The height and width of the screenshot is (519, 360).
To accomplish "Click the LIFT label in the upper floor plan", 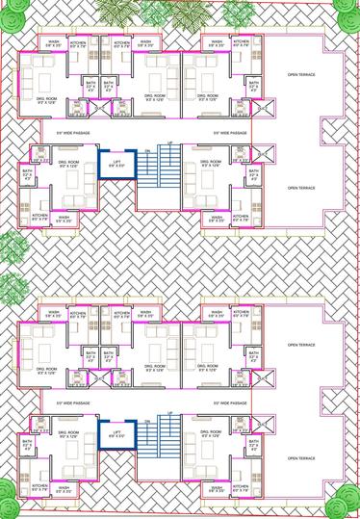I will coord(115,161).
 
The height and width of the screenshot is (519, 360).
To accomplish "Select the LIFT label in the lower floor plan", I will coord(115,432).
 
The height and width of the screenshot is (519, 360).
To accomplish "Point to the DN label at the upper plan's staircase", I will coord(147,153).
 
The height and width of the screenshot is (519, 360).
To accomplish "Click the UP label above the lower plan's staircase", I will coord(170,414).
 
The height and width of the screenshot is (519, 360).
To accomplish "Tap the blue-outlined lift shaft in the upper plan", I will coord(115,165).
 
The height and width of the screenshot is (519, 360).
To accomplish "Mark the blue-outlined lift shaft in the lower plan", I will coord(115,436).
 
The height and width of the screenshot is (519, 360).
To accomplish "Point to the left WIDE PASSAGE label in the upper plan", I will coord(73,132).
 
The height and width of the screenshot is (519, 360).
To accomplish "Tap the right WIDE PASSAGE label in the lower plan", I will coord(231,403).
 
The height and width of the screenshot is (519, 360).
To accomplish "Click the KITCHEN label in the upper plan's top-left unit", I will coord(79,43).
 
